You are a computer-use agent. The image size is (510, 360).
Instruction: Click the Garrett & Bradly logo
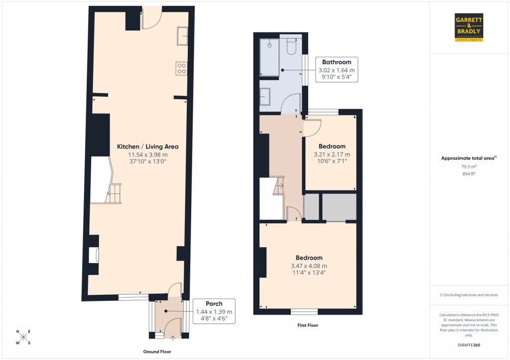[x=469, y=27]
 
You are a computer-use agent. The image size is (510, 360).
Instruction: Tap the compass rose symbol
[x=23, y=338]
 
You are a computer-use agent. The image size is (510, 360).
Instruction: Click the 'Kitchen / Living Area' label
[x=147, y=146]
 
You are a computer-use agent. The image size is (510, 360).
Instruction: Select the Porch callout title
[x=214, y=304]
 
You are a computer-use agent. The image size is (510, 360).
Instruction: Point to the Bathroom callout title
[x=336, y=62]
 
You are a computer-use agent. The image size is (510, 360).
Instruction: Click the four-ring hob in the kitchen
[x=181, y=69]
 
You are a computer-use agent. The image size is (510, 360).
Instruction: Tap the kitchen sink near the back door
[x=182, y=36]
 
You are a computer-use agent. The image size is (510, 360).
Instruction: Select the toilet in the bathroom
[x=292, y=46]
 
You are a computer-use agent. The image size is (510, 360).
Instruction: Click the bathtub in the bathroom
[x=269, y=58]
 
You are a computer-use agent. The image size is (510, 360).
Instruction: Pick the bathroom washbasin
[x=264, y=96]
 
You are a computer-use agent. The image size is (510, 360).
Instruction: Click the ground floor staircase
[x=115, y=193]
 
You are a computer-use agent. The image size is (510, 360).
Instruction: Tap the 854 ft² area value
[x=469, y=174]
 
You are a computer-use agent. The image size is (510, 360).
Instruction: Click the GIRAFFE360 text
[x=469, y=345]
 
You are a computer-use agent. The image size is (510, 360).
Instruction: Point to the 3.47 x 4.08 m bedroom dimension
[x=309, y=266]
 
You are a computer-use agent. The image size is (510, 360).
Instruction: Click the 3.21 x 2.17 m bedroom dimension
[x=332, y=154]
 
